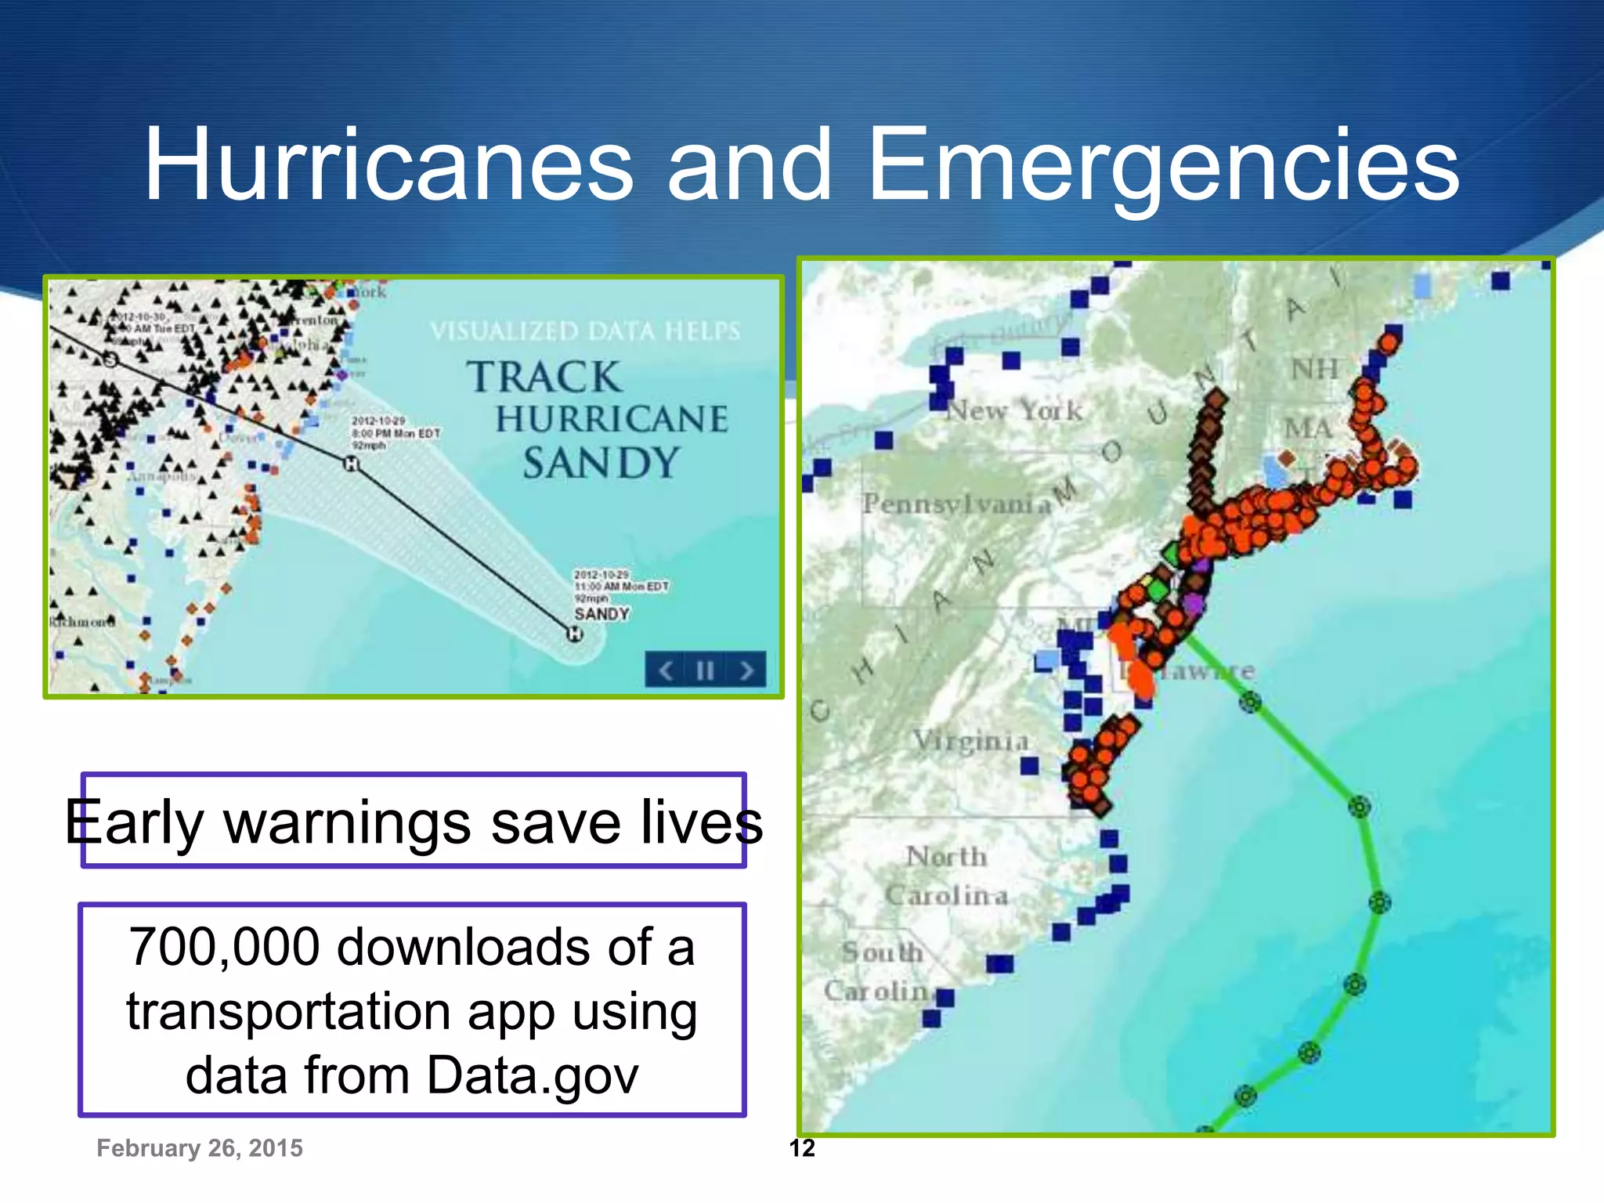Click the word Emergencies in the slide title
coord(1164,166)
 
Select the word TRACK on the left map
coord(545,377)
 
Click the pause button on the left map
coord(705,670)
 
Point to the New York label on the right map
coord(1014,410)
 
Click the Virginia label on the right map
coord(970,740)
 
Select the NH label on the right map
coord(1315,369)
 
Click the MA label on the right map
coord(1308,428)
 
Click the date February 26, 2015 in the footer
coord(200,1148)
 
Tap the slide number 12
coord(802,1148)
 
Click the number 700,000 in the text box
coord(225,947)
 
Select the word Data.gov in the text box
coord(533,1075)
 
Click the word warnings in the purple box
coord(348,822)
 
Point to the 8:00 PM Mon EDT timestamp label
coord(396,433)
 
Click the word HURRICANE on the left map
coord(612,419)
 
